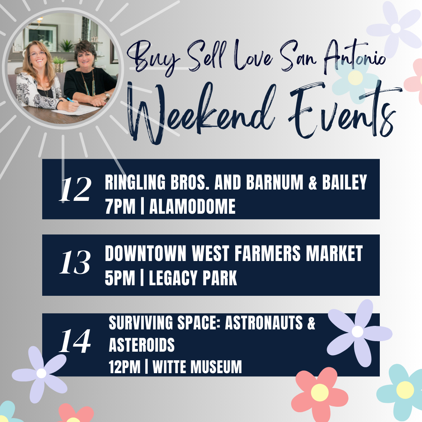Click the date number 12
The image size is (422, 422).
[x=75, y=189]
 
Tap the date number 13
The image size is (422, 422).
[x=75, y=262]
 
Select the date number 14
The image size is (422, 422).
[x=75, y=341]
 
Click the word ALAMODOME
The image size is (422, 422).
[x=192, y=207]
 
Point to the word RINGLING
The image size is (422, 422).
[x=135, y=182]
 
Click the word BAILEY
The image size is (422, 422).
[x=345, y=182]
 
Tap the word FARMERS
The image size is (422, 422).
[x=267, y=253]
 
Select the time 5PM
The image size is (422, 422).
[x=120, y=278]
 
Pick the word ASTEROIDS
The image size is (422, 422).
[x=141, y=345]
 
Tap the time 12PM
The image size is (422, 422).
[x=125, y=367]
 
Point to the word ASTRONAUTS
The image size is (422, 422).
[x=264, y=323]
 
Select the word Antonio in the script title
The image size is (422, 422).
[x=354, y=57]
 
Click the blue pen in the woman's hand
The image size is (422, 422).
[x=71, y=100]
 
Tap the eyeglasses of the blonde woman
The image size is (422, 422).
[x=38, y=54]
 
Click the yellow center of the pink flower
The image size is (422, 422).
[x=320, y=392]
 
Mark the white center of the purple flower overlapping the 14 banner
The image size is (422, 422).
[x=358, y=331]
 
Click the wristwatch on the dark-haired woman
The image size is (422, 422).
[x=107, y=95]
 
